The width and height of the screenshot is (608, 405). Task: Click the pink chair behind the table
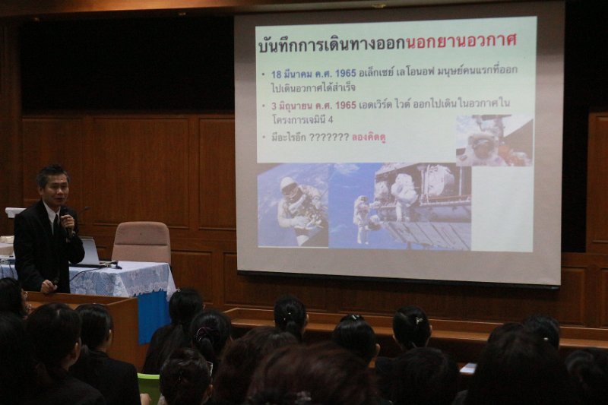tap(142, 242)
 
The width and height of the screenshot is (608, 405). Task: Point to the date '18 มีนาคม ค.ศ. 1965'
tap(313, 74)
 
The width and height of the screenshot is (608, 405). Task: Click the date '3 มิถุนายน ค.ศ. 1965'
tap(313, 105)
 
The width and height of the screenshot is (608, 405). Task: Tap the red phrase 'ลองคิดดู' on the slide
tap(369, 137)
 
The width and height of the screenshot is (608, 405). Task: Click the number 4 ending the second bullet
tap(331, 120)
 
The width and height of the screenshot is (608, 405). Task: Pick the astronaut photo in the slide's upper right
tap(494, 140)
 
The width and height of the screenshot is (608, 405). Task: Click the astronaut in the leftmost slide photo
tap(299, 209)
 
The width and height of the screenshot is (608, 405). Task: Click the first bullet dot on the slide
tap(264, 74)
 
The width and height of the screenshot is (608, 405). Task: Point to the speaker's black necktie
tap(55, 225)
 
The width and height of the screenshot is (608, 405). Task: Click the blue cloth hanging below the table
tap(154, 317)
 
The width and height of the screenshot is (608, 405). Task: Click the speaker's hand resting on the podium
tap(49, 286)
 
